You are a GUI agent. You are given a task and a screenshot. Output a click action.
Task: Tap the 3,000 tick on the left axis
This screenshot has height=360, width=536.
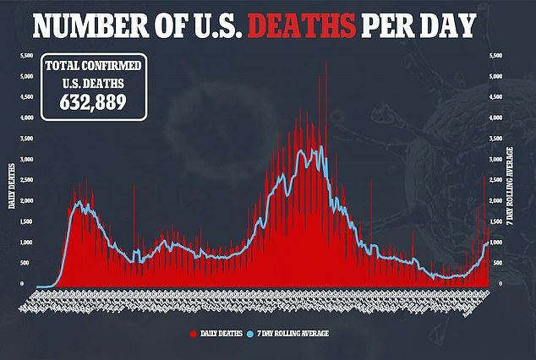[x=27, y=160]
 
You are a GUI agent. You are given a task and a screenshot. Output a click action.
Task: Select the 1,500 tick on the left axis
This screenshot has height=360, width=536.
[x=27, y=222]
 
